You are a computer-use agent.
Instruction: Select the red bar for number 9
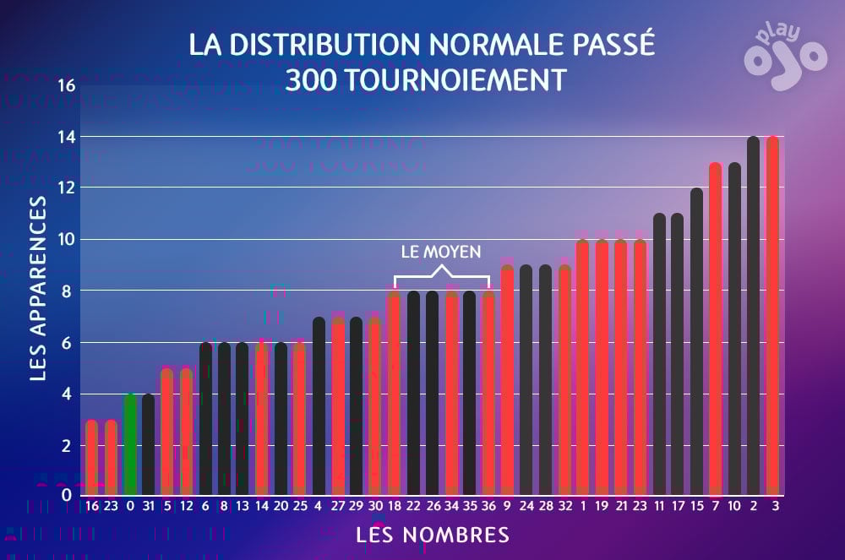(507, 380)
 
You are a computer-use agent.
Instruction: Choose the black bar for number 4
(319, 406)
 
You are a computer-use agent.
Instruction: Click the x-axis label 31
(149, 506)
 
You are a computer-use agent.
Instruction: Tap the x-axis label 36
(488, 506)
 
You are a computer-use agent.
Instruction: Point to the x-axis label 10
(733, 506)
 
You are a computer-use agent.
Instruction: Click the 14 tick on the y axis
(66, 137)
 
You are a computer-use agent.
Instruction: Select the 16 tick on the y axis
(66, 85)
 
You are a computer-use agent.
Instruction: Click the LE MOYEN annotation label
(441, 252)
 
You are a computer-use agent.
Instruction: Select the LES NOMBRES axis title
(433, 535)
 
